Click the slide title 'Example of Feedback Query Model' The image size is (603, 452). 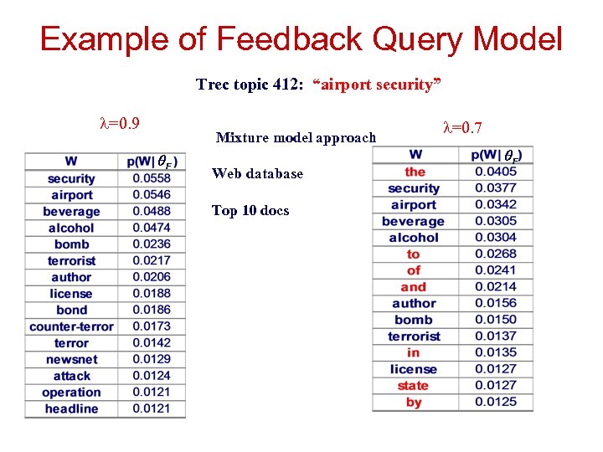[x=301, y=39]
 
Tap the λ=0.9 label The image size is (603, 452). [x=120, y=124]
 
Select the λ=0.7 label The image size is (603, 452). [x=462, y=127]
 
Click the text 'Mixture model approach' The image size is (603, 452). [x=296, y=137]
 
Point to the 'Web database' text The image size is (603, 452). [x=257, y=174]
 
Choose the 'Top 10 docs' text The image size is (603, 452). [x=250, y=211]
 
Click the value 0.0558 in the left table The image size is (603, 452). [x=151, y=178]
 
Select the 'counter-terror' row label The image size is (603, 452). [x=71, y=326]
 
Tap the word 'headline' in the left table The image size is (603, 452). [x=71, y=408]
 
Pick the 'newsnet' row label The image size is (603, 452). [x=71, y=359]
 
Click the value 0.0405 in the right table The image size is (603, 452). [x=496, y=172]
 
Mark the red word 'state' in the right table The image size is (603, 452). [x=413, y=386]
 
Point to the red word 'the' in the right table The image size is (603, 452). [x=415, y=172]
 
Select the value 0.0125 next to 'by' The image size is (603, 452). [x=496, y=403]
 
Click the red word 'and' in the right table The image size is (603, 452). [x=413, y=287]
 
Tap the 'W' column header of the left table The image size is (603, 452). [x=71, y=162]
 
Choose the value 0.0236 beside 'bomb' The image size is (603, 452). [x=151, y=244]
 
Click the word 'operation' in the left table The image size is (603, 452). [x=71, y=393]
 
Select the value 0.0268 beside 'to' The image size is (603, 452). [x=496, y=254]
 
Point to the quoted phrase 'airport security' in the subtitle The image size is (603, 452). [x=377, y=85]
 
